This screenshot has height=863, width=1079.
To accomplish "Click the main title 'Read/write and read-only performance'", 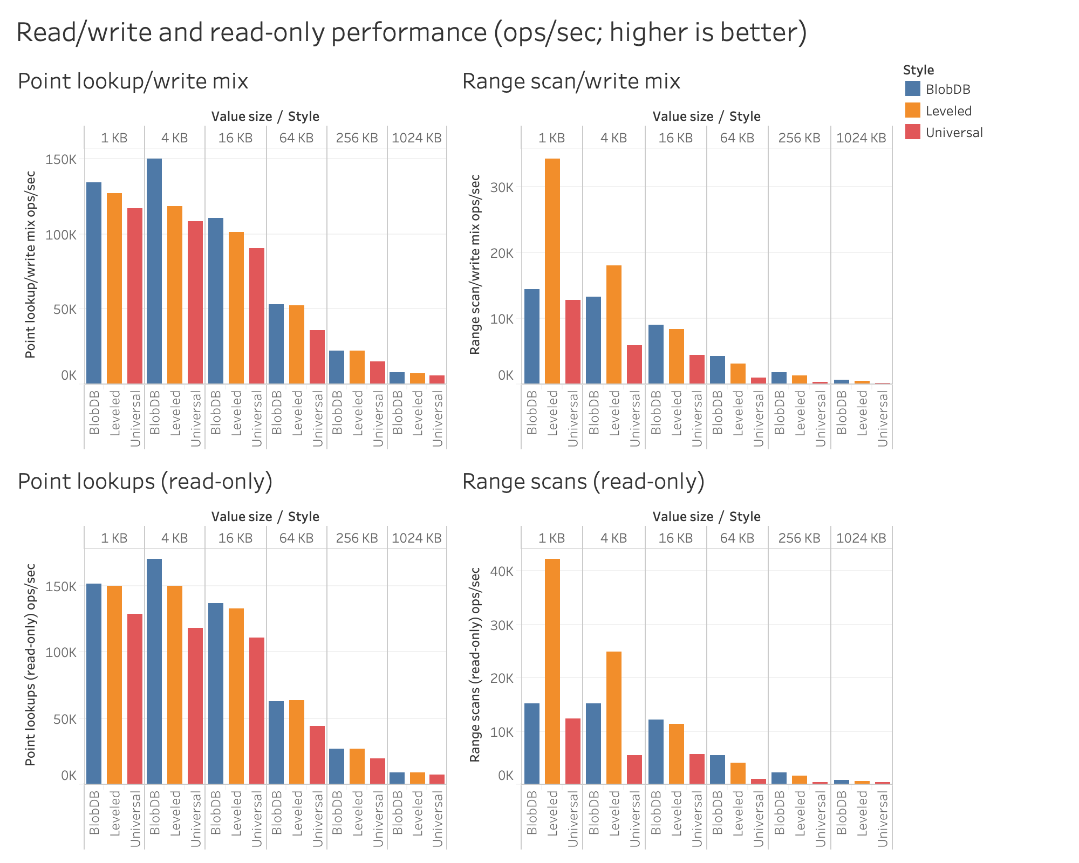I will tap(411, 32).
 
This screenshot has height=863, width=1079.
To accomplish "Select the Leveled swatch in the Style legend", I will tap(912, 111).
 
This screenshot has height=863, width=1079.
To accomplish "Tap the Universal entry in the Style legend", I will tap(954, 133).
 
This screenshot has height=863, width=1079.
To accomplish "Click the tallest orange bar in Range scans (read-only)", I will tap(552, 671).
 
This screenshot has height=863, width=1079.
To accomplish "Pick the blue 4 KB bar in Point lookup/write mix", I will tap(154, 271).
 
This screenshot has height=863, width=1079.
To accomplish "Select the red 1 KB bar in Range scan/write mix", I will tap(573, 341).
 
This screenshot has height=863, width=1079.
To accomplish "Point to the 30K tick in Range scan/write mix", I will tap(502, 187).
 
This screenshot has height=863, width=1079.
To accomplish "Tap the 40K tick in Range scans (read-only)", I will tap(502, 571).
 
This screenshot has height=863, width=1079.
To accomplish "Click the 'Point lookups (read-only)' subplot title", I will tap(145, 481).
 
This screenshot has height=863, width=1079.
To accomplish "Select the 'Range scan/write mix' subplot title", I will tap(571, 81).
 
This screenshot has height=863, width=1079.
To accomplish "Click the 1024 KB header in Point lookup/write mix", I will tap(416, 138).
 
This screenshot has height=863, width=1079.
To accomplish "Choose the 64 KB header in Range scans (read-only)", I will tap(737, 538).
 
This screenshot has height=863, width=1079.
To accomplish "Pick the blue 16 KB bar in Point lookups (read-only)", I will tap(216, 693).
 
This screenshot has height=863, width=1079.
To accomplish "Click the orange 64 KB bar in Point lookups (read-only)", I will tap(297, 742).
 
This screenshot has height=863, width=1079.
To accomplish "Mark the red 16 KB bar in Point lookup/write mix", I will tap(257, 316).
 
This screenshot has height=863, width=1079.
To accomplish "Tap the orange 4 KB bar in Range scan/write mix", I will tap(614, 324).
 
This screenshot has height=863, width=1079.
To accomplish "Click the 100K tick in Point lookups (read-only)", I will tap(62, 652).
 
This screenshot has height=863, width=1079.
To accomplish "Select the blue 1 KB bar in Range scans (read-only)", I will tap(532, 743).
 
